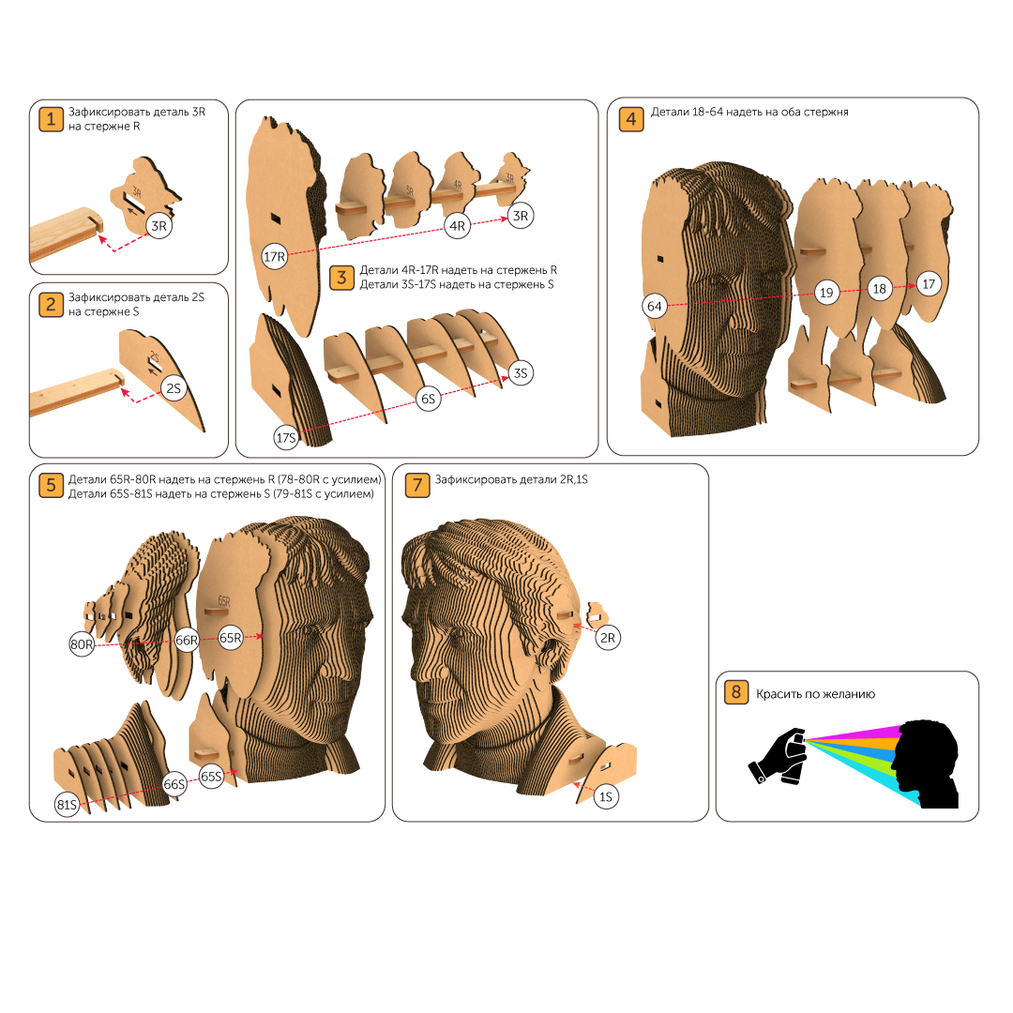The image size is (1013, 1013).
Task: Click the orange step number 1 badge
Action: coord(51,119)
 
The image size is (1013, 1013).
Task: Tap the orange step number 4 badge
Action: coord(631,119)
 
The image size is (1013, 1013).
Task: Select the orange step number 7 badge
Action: coord(417,485)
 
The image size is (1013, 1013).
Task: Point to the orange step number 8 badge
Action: coord(736,692)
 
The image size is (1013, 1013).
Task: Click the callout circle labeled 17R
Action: coord(275,256)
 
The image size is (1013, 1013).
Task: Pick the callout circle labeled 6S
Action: coord(429,399)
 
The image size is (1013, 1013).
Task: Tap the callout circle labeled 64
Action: coord(655,306)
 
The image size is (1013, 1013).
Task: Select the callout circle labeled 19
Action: coord(826,292)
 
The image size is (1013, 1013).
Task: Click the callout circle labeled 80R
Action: coord(82,643)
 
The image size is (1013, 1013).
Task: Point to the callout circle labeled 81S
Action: coord(68,805)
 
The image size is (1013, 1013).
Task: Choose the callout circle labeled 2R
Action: coord(608,638)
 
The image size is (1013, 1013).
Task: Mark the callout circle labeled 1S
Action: coord(606,796)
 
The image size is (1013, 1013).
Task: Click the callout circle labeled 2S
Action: coord(174,387)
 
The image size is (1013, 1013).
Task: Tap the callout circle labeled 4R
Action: coord(458,225)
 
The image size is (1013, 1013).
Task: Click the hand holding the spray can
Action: coord(778,756)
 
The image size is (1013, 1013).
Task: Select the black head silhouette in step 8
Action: coord(925,764)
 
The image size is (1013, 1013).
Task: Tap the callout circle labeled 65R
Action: coord(231,638)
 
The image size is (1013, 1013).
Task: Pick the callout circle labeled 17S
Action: coord(286,437)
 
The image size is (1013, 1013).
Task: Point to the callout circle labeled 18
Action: coord(879,288)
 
